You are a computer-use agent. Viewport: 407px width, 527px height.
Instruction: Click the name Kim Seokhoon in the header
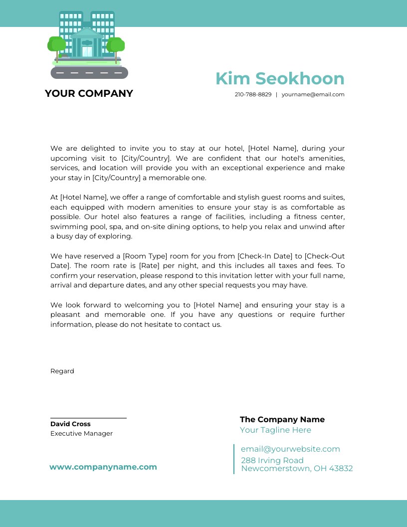[280, 79]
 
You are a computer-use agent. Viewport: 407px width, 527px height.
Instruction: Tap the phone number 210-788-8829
[253, 94]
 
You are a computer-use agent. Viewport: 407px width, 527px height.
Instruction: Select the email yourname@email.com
[313, 94]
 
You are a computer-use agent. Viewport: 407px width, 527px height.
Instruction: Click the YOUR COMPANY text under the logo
[89, 93]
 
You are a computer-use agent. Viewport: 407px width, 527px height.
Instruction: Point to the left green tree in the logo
[56, 45]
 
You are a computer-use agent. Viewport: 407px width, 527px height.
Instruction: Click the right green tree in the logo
[116, 45]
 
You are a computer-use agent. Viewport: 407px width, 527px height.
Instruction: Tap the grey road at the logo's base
[89, 73]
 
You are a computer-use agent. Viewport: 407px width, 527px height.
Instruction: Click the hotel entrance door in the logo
[87, 51]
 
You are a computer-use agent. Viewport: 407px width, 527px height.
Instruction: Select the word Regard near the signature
[62, 371]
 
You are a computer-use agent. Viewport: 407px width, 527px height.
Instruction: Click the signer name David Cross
[70, 424]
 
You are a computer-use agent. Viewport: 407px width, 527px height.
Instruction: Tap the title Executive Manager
[81, 433]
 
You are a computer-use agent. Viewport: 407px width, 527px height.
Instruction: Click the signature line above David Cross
[88, 418]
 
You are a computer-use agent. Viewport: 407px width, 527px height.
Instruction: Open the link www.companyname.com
[103, 467]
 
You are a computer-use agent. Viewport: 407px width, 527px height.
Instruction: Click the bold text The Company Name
[282, 419]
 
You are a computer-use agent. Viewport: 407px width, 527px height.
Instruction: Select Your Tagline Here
[275, 430]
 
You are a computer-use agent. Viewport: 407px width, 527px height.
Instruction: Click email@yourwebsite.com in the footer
[290, 449]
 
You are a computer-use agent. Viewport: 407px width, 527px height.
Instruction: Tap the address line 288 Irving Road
[272, 460]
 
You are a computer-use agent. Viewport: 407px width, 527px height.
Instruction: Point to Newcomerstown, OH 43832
[297, 468]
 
